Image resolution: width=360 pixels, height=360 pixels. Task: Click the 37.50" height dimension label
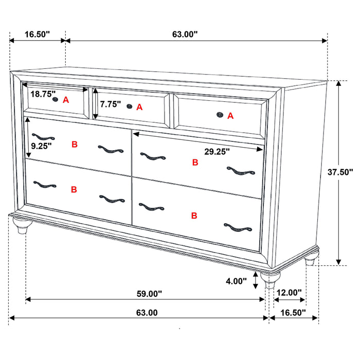[340, 172]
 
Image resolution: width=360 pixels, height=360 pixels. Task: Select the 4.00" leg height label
[236, 282]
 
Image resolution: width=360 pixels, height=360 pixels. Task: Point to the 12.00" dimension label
[289, 293]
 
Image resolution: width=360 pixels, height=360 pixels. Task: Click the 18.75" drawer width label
[43, 94]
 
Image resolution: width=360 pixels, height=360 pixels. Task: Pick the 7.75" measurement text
[111, 104]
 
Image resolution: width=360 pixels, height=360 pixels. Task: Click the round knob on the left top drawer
[55, 100]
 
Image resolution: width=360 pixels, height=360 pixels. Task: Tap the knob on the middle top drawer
[130, 106]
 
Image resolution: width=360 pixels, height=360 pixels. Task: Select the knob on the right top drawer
[220, 115]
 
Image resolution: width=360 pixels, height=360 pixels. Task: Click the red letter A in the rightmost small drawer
[230, 116]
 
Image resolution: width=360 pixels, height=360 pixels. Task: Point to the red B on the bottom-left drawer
[74, 190]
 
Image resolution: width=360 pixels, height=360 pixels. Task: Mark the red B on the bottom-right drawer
[194, 215]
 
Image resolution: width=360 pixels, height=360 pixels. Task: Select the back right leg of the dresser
[310, 261]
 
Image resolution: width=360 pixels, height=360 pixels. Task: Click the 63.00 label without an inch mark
[147, 312]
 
